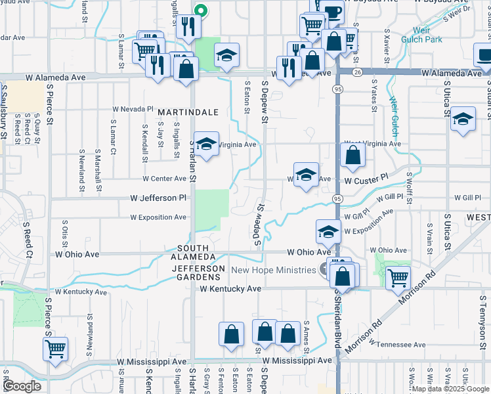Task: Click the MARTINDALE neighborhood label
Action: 188,113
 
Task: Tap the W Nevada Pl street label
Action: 133,108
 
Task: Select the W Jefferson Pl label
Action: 158,198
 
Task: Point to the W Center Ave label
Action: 165,179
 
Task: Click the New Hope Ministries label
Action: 274,270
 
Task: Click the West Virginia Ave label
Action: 372,143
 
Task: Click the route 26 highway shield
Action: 357,72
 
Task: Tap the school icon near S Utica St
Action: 463,120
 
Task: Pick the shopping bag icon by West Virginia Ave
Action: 353,156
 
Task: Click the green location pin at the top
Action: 202,11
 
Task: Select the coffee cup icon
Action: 333,11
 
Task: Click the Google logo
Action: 22,386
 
